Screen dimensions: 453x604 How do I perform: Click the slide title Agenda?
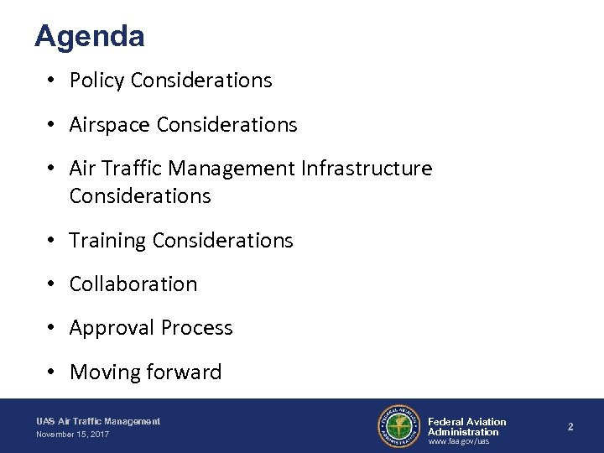click(90, 36)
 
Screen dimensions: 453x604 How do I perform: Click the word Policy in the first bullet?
click(97, 81)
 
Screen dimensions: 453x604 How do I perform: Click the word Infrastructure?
click(366, 169)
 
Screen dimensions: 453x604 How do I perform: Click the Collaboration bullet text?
click(133, 284)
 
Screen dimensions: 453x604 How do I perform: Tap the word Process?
click(194, 328)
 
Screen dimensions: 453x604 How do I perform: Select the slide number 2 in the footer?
click(570, 426)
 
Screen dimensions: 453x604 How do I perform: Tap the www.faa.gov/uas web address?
click(458, 441)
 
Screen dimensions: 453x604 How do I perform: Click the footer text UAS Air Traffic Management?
click(98, 421)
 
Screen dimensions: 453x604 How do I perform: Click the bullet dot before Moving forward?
click(52, 372)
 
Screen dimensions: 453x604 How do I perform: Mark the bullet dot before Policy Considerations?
click(52, 81)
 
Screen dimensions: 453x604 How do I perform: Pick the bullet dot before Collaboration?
click(52, 284)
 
